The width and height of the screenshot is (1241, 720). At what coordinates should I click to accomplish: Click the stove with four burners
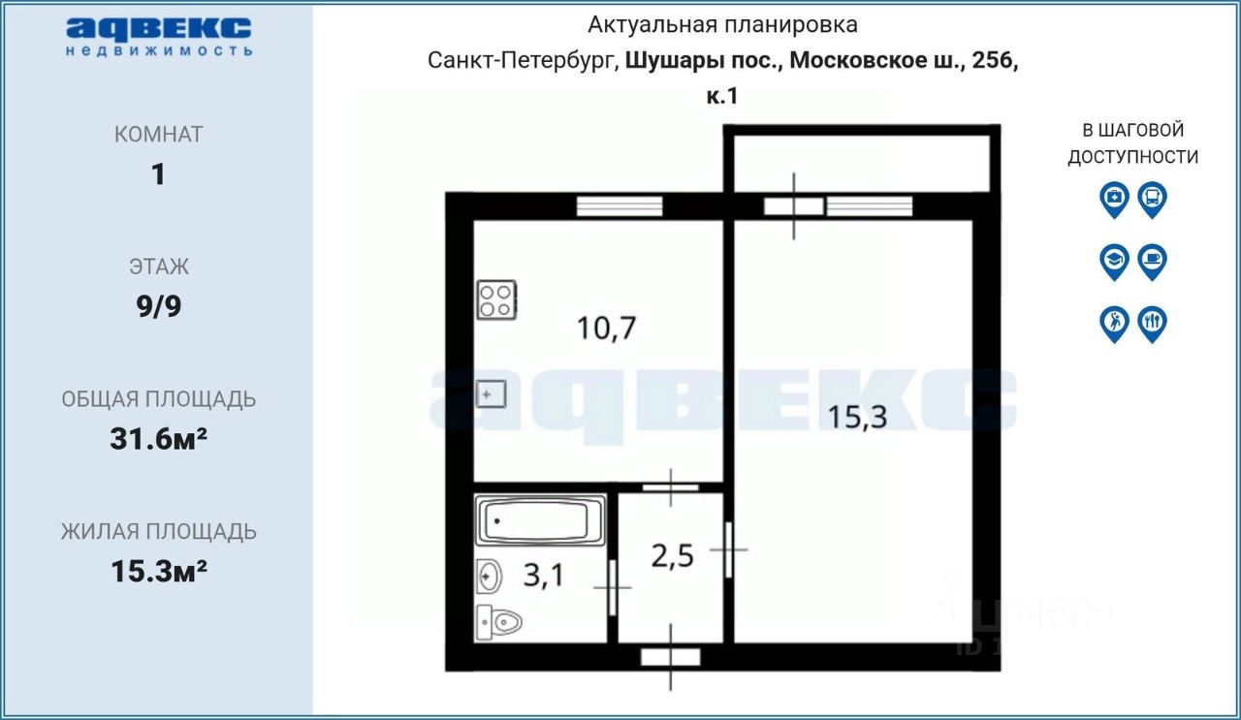[x=496, y=300]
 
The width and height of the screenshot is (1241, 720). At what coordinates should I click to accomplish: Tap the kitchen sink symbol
[x=492, y=394]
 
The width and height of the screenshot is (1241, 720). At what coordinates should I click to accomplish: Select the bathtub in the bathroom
[x=540, y=522]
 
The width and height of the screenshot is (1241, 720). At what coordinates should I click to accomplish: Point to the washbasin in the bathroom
[x=490, y=578]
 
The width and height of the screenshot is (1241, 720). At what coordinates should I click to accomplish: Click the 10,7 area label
[x=606, y=329]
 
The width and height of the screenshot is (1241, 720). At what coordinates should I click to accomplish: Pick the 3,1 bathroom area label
[x=543, y=577]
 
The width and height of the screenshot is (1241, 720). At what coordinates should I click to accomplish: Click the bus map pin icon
[x=1152, y=200]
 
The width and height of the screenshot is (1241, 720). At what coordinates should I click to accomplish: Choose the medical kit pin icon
[x=1114, y=200]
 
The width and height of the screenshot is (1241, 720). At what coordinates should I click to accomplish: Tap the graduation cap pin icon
[x=1114, y=262]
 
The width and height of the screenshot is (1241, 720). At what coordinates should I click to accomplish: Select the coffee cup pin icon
[x=1152, y=262]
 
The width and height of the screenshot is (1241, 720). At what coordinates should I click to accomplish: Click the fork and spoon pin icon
[x=1152, y=324]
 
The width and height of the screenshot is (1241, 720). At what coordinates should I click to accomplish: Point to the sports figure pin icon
[x=1114, y=324]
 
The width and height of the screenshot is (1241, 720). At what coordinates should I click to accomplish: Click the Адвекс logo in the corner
[x=160, y=35]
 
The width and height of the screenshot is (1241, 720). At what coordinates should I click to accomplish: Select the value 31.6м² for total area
[x=158, y=439]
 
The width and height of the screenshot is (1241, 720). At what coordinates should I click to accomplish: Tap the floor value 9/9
[x=158, y=306]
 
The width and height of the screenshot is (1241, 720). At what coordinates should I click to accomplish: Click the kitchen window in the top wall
[x=620, y=205]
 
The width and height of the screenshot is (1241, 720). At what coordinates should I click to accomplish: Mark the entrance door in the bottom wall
[x=671, y=657]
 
